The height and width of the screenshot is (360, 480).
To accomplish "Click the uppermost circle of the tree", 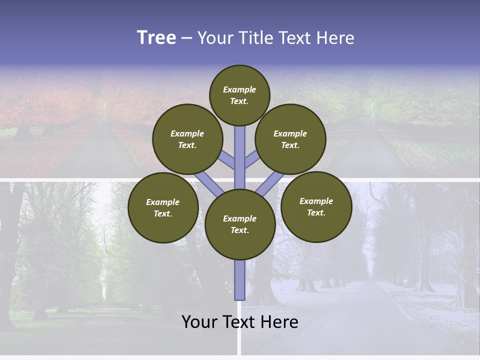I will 239,95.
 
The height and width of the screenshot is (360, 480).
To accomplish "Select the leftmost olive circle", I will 163,207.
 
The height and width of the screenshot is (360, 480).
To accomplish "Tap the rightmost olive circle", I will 316,206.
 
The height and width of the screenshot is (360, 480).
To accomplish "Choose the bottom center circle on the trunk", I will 240,224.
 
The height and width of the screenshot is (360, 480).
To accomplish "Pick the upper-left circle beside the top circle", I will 187,139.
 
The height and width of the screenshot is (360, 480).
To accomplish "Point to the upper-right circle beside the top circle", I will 290,139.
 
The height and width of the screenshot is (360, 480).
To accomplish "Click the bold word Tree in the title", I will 156,37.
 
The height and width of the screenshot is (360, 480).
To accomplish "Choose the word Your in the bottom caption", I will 199,322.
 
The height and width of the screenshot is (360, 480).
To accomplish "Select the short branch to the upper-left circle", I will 226,160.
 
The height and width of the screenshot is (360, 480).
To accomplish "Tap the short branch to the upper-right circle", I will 252,160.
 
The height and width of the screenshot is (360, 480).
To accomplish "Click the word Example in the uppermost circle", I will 239,89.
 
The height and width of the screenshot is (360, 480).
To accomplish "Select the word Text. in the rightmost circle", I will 316,212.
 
